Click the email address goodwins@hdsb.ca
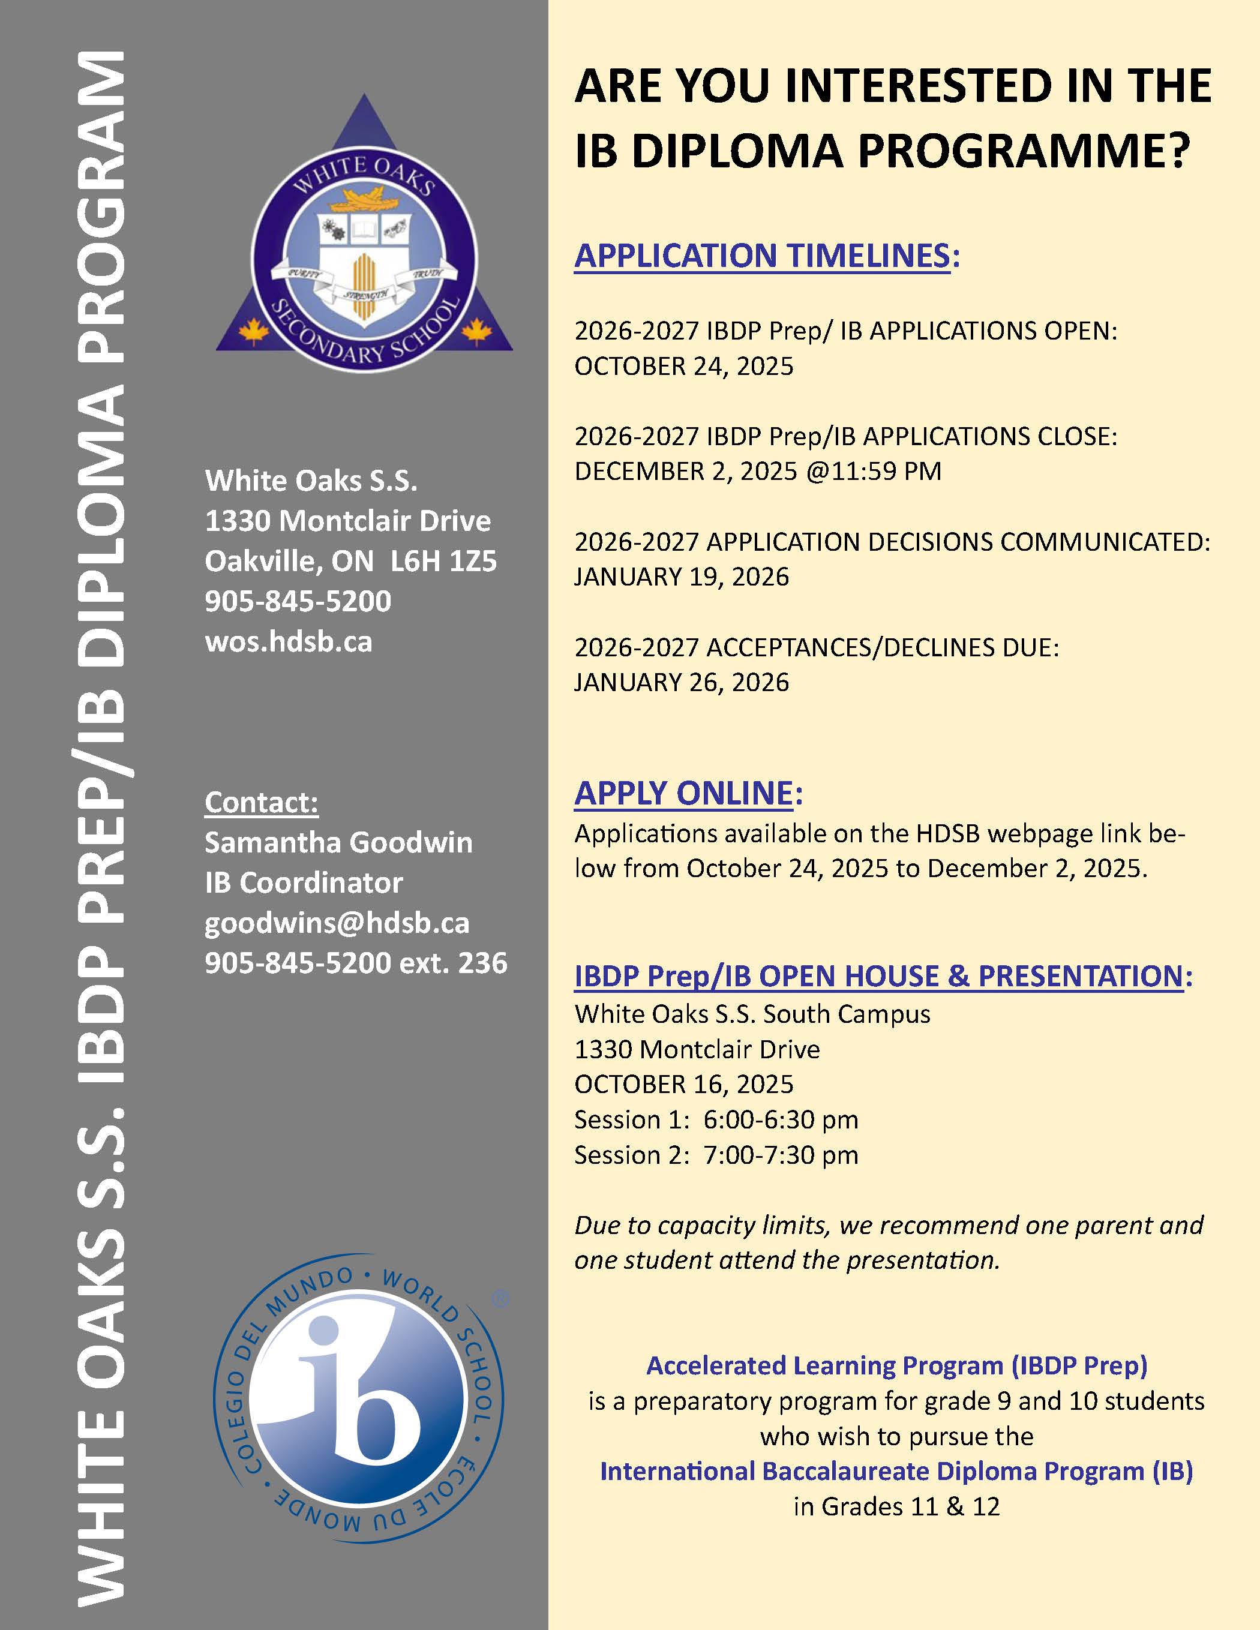tap(337, 923)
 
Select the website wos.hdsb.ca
tap(288, 642)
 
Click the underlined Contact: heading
tap(261, 802)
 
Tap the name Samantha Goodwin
tap(338, 843)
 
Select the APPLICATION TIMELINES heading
tap(762, 256)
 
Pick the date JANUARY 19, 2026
tap(681, 577)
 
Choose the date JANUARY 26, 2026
tap(681, 682)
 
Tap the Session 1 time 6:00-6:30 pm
tap(781, 1119)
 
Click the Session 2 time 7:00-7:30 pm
tap(781, 1155)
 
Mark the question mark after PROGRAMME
tap(1175, 151)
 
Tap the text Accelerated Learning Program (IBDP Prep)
tap(896, 1365)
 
